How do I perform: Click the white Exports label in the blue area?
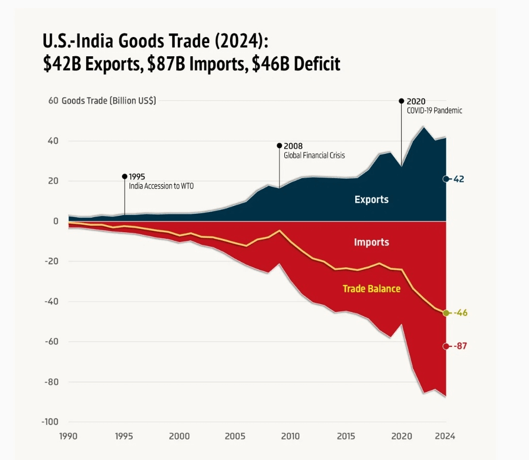[x=371, y=199]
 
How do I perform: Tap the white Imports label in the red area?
[x=371, y=242]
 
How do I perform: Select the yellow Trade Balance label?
[x=371, y=289]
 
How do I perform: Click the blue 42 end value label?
[x=459, y=179]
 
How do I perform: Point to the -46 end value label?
[x=460, y=313]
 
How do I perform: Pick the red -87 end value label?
[x=460, y=346]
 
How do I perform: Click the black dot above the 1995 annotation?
[x=125, y=176]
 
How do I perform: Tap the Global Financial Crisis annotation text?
[x=314, y=156]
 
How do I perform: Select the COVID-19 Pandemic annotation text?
[x=434, y=111]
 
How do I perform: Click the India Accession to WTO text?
[x=161, y=186]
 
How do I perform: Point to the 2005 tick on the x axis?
[x=234, y=436]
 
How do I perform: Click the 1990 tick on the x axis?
[x=69, y=436]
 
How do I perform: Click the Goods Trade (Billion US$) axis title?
[x=109, y=100]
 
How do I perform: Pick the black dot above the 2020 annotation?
[x=401, y=101]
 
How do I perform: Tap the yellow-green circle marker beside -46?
[x=446, y=313]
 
